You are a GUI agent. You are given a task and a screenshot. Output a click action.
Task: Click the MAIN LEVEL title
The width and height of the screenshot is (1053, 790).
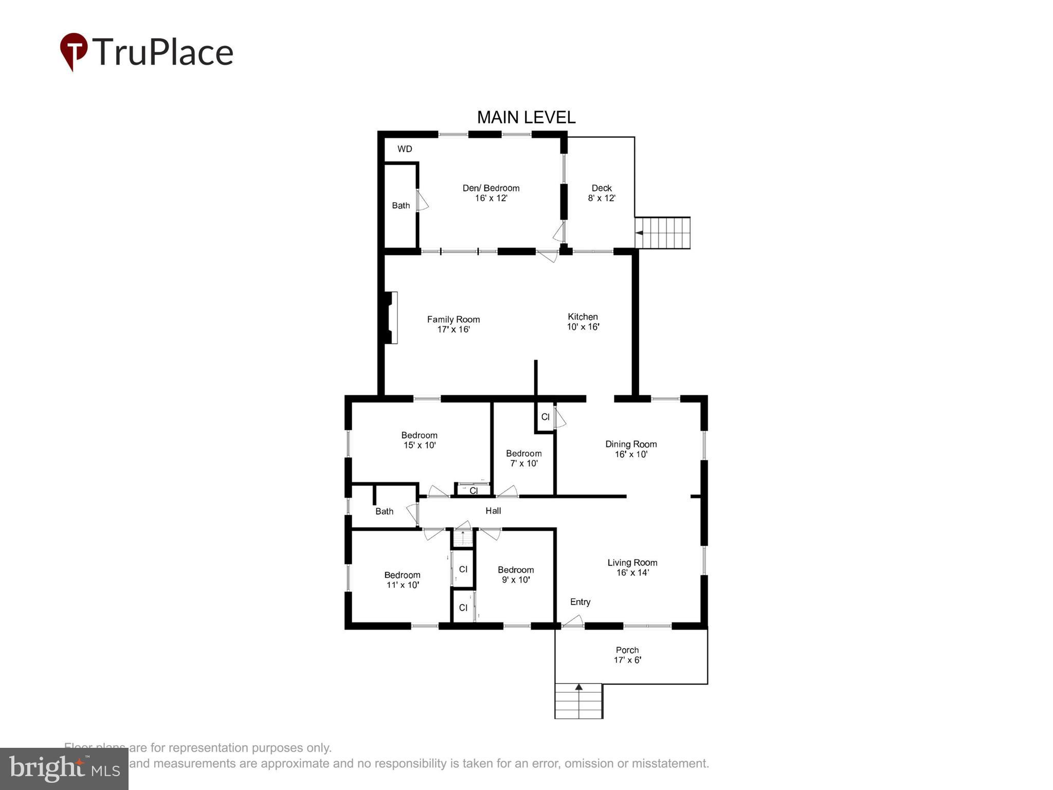pos(526,117)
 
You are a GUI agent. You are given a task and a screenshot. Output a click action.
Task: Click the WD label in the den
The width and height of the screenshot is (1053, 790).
pos(405,149)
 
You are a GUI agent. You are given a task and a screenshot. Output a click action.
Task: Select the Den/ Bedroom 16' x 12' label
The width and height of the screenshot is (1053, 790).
pos(491,193)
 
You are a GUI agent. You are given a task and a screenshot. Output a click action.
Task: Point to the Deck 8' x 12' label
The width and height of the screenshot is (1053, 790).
pos(602,193)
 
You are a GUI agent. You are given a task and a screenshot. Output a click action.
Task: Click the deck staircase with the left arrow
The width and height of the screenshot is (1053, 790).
pos(663,233)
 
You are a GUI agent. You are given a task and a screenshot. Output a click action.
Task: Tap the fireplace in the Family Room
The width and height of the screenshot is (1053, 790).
pos(390,317)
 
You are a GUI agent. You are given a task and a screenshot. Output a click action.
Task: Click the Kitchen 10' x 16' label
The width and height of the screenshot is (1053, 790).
pos(583,321)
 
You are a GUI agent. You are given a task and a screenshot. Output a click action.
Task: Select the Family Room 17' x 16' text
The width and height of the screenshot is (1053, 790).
pos(453,324)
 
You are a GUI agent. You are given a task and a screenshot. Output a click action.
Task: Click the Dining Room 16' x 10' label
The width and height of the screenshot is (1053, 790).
pos(631,449)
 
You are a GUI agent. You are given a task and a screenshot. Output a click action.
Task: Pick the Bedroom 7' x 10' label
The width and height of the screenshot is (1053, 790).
pos(523,458)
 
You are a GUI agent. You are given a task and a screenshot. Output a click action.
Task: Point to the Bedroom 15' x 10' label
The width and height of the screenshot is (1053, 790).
pos(420,440)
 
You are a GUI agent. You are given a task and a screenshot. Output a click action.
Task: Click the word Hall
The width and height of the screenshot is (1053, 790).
pos(493,511)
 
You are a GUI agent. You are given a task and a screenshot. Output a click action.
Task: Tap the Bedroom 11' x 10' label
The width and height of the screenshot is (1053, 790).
pos(402,580)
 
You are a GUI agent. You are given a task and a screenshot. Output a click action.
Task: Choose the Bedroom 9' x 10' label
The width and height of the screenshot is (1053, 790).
pos(516,574)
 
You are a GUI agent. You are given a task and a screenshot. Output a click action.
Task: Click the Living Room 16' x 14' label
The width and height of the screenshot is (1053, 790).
pos(632,567)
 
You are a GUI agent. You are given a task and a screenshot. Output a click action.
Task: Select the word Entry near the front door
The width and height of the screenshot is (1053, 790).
pos(580,602)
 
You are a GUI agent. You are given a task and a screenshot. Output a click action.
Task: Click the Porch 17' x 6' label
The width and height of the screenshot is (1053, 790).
pos(627,655)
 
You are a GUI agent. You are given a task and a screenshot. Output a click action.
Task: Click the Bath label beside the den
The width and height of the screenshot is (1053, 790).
pos(401,206)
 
